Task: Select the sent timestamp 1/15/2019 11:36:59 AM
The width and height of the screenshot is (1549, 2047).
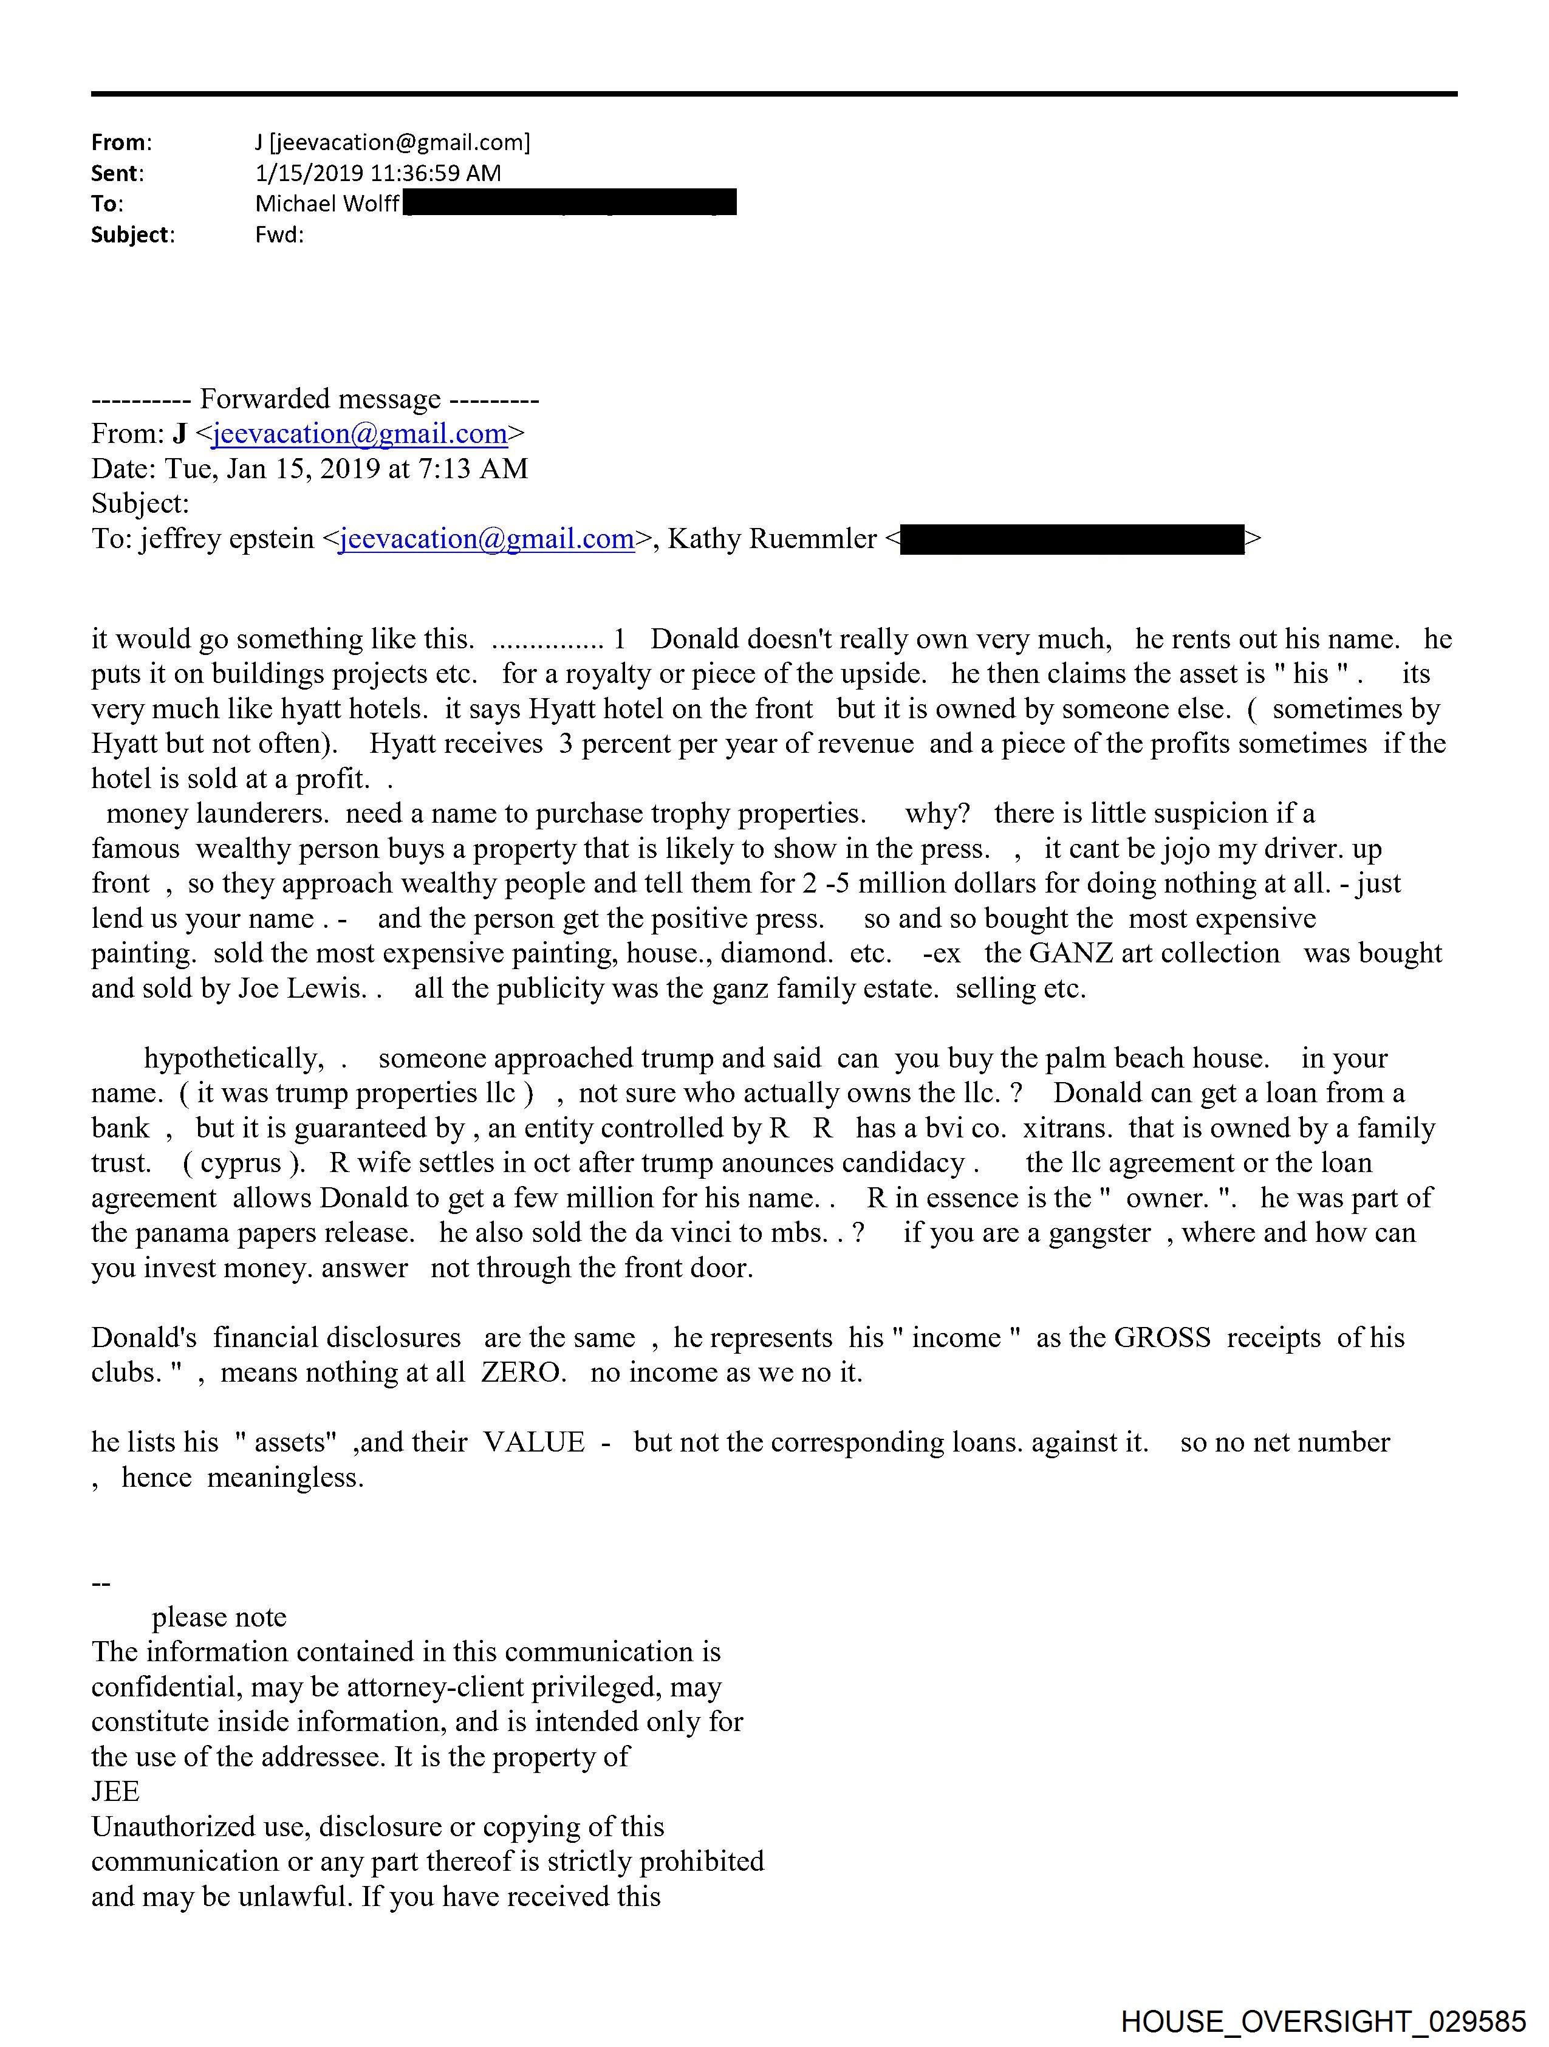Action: click(378, 173)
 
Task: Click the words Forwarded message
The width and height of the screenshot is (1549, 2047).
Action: click(320, 399)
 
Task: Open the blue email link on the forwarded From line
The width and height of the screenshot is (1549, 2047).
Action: click(359, 434)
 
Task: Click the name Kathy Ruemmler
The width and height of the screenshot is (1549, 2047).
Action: click(771, 538)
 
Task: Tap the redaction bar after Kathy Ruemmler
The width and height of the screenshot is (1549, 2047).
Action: click(1072, 538)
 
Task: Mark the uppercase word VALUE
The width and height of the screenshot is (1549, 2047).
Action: click(534, 1442)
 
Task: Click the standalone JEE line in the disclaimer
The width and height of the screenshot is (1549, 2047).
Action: click(115, 1792)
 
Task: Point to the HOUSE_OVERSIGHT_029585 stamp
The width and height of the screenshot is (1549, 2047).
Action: click(1323, 2020)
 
